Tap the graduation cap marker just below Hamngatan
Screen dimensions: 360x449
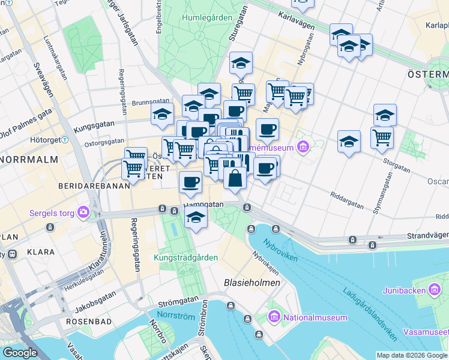pos(196,218)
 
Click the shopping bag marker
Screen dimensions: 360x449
pos(235,177)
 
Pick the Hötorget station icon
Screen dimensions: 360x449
pos(66,140)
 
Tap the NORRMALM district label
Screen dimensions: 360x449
pos(28,160)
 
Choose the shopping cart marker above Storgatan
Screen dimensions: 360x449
pos(382,137)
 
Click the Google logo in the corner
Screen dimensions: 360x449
pos(20,353)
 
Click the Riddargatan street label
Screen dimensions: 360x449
pos(347,200)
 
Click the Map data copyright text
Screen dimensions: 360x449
pos(412,355)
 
